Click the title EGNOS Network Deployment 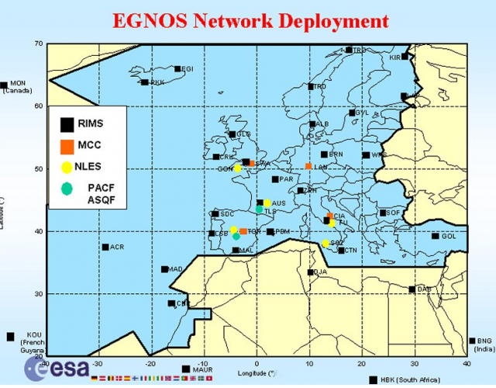coord(250,19)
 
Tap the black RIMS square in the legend coord(67,123)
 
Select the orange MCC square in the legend coord(67,145)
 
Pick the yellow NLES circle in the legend coord(67,166)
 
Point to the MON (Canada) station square coord(4,85)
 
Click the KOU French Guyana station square coord(10,337)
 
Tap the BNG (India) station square coord(473,341)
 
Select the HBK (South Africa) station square coord(374,379)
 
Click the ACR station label coord(117,247)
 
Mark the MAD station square coord(164,269)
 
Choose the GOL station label coord(449,236)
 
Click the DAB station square coord(412,289)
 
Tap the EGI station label coord(187,68)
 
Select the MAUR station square coord(185,369)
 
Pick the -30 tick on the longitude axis coord(98,363)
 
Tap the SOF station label coord(394,212)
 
